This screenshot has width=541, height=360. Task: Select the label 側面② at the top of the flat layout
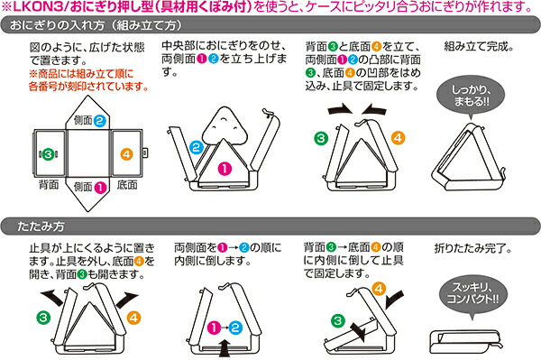pos(90,119)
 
